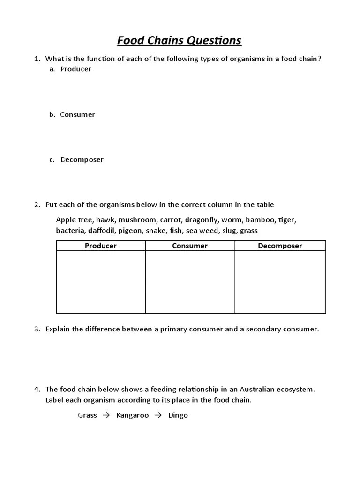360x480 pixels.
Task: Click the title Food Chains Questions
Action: (179, 40)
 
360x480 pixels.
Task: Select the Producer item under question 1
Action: (75, 69)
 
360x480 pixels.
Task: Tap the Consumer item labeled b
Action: (77, 114)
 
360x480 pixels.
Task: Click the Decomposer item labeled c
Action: (82, 159)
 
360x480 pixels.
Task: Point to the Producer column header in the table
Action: (101, 246)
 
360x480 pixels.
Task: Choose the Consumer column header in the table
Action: (190, 246)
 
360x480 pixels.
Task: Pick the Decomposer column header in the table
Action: (280, 246)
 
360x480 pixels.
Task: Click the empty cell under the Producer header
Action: (101, 281)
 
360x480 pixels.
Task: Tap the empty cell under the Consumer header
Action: (190, 281)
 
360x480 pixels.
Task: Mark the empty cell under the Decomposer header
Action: (280, 281)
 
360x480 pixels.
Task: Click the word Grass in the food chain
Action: (87, 415)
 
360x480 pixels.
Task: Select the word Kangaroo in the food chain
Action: (132, 415)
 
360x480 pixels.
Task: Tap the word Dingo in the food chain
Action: (178, 415)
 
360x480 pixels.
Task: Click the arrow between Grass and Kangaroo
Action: (106, 415)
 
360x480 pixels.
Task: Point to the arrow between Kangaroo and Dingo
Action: (158, 415)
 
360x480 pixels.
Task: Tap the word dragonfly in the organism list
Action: (201, 219)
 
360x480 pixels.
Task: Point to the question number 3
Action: (37, 329)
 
